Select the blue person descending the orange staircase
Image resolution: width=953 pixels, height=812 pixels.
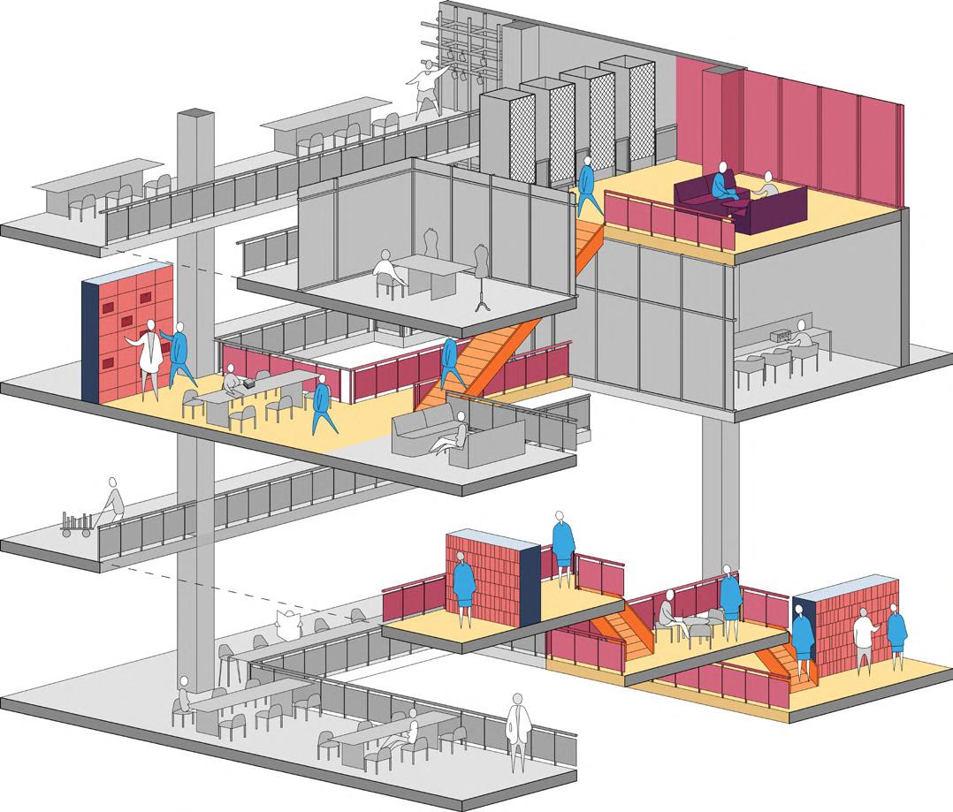point(450,358)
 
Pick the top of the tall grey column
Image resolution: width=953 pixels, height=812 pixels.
point(195,116)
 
